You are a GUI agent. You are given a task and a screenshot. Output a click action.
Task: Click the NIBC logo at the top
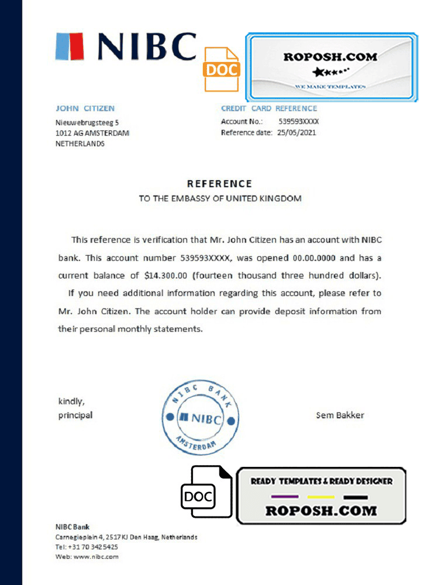click(x=126, y=47)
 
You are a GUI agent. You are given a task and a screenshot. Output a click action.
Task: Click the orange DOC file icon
click(x=222, y=69)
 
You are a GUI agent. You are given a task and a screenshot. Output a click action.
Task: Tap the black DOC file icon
click(x=198, y=495)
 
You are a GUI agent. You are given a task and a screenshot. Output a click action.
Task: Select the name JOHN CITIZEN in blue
click(x=85, y=108)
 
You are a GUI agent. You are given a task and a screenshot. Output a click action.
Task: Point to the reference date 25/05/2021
click(x=296, y=133)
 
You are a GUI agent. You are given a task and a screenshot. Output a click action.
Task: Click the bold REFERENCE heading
click(x=219, y=184)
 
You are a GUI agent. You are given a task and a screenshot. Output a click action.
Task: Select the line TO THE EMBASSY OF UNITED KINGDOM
click(x=220, y=198)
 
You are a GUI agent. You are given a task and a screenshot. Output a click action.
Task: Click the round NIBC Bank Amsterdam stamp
click(x=200, y=418)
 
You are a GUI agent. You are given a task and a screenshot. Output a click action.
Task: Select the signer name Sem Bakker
click(x=340, y=415)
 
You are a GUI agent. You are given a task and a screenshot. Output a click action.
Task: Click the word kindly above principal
click(x=71, y=401)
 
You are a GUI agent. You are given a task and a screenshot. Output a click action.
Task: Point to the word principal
click(x=75, y=415)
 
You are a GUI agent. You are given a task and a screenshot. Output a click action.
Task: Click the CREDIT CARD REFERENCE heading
click(x=269, y=108)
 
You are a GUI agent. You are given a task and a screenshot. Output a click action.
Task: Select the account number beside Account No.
click(x=298, y=122)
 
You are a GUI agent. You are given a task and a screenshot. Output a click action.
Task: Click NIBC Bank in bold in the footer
click(x=73, y=526)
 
